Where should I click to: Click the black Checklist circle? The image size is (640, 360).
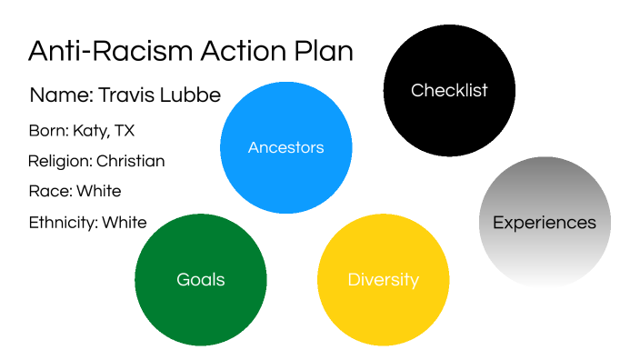449,90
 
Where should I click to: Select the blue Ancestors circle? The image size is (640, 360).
285,147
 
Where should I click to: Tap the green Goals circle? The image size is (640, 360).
200,280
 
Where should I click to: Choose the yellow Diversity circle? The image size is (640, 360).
384,280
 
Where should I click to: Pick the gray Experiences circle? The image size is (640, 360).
545,222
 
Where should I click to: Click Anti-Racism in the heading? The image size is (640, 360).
110,51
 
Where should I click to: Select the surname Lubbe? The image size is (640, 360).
190,95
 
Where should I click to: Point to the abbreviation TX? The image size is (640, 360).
125,131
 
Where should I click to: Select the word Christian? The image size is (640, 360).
131,161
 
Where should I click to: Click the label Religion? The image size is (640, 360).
60,162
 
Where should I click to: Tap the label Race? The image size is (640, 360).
51,191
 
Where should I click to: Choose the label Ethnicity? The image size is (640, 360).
64,223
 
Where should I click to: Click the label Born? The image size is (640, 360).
48,131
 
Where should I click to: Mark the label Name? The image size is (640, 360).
62,95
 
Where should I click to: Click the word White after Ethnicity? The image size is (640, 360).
125,223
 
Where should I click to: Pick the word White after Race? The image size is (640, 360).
99,191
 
